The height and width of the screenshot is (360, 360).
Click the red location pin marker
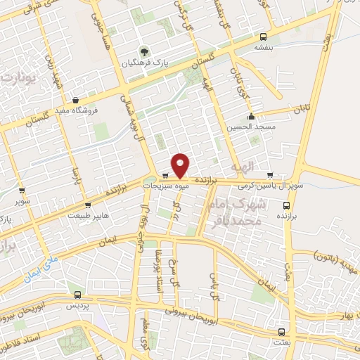(x=181, y=165)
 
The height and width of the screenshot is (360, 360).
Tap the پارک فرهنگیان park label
(x=143, y=64)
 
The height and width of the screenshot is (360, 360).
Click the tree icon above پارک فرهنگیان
(x=144, y=52)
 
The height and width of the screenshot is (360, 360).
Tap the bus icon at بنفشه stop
(x=263, y=37)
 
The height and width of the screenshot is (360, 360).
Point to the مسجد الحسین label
(x=251, y=128)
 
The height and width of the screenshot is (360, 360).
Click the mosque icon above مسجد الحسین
(x=251, y=117)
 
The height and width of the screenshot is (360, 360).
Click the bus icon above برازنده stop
(x=286, y=205)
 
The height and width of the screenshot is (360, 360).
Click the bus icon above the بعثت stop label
(x=281, y=331)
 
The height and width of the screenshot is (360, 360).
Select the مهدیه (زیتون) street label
(x=336, y=255)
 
